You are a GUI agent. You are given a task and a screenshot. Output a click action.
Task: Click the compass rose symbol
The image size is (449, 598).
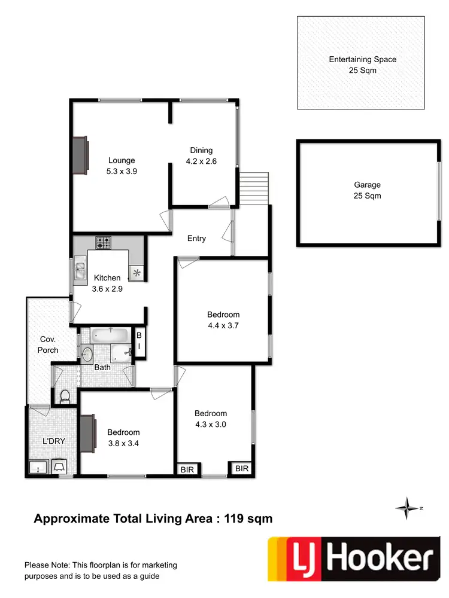[x=407, y=508]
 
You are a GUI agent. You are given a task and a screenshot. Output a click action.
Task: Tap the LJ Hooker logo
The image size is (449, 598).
[x=352, y=559]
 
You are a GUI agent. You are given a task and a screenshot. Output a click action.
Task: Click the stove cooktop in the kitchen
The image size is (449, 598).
[x=103, y=243]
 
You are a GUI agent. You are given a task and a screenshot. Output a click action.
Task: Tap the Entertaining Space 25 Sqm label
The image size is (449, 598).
[x=362, y=65]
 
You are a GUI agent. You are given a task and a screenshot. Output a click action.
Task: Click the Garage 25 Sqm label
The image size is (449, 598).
[x=367, y=190]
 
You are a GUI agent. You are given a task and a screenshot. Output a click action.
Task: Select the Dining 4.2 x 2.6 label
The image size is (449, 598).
[x=201, y=155]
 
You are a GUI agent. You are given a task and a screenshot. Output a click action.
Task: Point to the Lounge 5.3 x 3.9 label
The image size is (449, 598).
[x=122, y=165]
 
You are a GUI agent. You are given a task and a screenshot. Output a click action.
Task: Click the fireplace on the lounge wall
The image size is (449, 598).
[x=80, y=154]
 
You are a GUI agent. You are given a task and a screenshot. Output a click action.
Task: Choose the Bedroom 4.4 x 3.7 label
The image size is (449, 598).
[x=223, y=320]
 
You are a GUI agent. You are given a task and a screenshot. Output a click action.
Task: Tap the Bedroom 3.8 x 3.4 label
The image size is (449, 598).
[x=123, y=438]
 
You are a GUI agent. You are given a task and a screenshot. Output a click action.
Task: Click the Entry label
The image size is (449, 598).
[x=196, y=238]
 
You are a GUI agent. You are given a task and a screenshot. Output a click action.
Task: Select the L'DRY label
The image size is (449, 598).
[x=53, y=441]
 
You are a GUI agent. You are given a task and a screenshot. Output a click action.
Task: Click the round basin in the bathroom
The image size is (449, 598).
[x=87, y=352]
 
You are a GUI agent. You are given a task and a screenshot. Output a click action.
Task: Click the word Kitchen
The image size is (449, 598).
[x=107, y=277]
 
